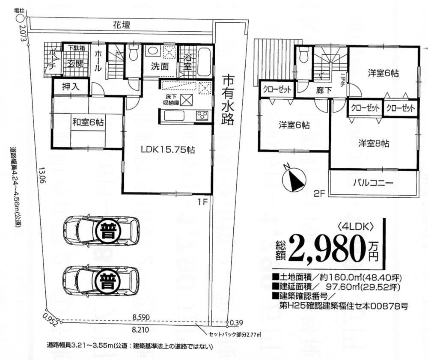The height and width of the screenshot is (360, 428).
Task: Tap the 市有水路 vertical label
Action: pos(228,100)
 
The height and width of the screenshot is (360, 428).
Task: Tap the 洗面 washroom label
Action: pos(159,66)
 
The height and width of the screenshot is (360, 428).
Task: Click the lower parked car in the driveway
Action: pos(101,280)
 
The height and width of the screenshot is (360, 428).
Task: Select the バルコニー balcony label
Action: pos(373,183)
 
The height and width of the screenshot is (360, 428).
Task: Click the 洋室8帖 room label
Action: pos(374,143)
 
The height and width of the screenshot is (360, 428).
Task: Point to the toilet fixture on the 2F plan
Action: pos(304,55)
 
